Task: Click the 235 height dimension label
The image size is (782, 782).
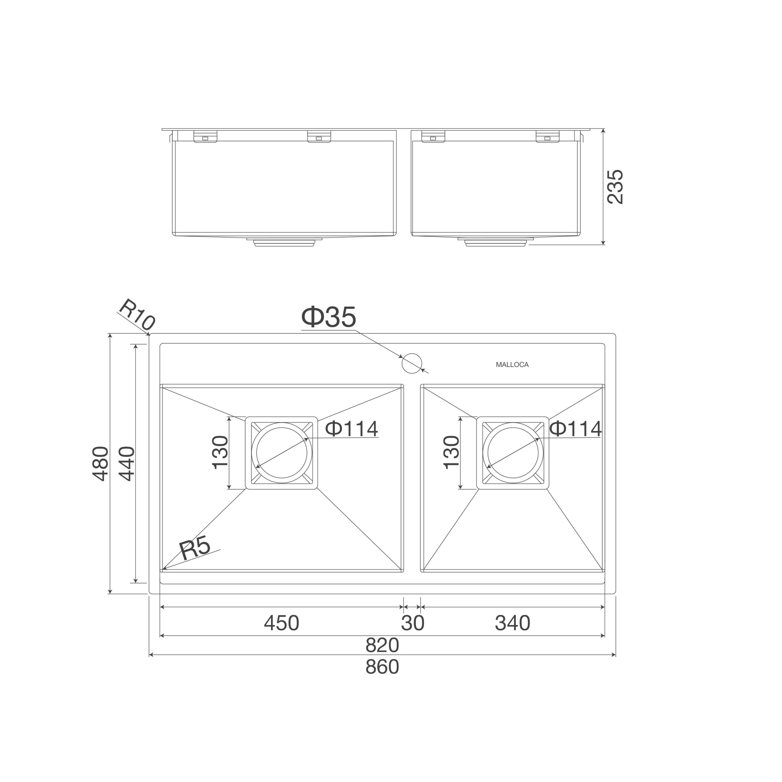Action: point(615,187)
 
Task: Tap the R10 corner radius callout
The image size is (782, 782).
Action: point(137,315)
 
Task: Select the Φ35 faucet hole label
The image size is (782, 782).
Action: point(329,317)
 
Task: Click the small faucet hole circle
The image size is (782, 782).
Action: point(412,363)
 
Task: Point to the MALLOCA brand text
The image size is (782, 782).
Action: point(512,365)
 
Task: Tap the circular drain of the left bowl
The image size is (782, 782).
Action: point(282,452)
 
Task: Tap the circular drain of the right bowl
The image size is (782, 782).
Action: point(513,452)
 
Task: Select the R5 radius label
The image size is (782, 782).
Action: point(195,548)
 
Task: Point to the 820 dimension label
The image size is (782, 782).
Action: point(382,645)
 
